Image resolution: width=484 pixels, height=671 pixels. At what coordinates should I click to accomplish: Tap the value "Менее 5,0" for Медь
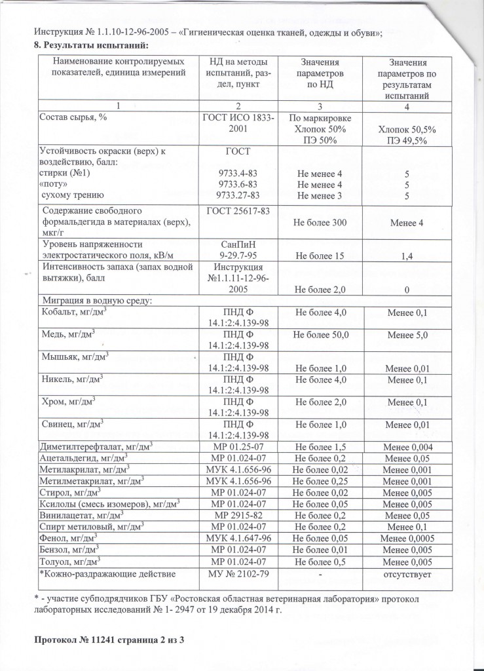point(407,335)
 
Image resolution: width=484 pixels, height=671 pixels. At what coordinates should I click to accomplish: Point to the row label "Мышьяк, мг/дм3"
point(75,358)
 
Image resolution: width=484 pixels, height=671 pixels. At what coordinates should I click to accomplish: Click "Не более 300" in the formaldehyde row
point(320,223)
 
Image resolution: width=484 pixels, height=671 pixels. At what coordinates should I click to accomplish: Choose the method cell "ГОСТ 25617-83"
point(238,211)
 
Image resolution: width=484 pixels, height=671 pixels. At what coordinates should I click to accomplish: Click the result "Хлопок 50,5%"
point(407,130)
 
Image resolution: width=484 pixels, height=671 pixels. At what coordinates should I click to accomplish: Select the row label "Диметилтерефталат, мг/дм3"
point(97,447)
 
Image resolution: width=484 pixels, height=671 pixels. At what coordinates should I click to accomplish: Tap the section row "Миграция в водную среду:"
point(96,301)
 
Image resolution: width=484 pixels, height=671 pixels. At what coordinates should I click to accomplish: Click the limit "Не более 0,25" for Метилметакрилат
point(320,480)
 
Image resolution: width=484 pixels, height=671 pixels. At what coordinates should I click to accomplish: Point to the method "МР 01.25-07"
point(238,447)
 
